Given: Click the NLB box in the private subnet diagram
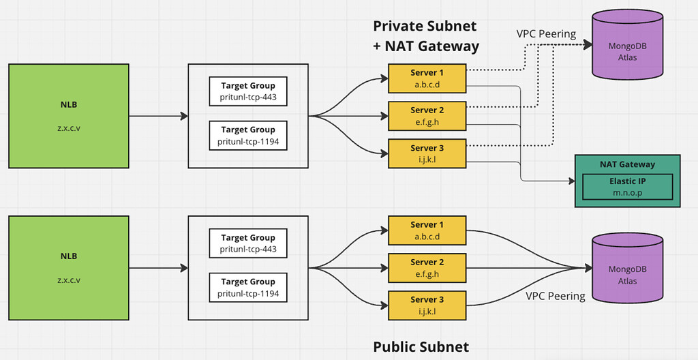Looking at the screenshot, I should point(68,116).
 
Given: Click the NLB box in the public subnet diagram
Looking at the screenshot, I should point(68,268).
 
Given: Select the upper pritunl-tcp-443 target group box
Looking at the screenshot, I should point(248,91).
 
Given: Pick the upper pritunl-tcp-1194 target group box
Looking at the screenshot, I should point(248,135).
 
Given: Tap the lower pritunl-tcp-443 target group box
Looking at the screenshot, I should point(248,243).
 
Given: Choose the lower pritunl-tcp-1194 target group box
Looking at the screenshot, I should point(248,287).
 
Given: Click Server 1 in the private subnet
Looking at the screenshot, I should point(427,78).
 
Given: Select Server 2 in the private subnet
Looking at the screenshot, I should point(427,116).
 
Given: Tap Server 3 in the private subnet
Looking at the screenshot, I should point(427,153).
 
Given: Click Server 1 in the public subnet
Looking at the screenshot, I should point(427,230).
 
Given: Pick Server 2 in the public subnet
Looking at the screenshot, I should point(427,268).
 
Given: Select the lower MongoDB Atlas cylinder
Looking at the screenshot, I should point(627,270).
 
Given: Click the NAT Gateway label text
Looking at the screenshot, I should point(627,164).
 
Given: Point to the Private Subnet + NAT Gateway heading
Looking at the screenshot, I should point(425,36).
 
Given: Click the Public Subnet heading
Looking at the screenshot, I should point(421,346).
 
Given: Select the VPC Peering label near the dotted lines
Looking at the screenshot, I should point(545,33).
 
